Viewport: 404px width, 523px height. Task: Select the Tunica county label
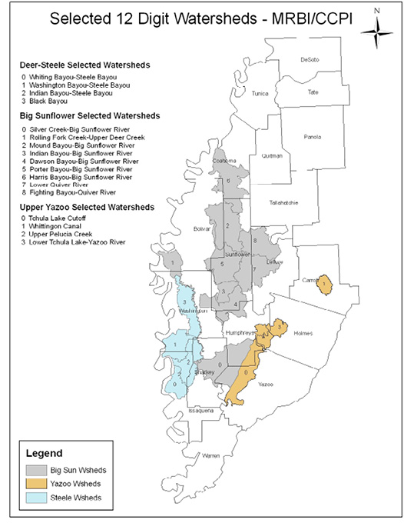tap(261, 92)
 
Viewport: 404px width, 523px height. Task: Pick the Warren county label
tap(210, 456)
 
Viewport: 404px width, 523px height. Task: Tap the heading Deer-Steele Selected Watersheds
tap(74, 65)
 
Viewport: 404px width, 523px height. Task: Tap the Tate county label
tap(313, 92)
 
